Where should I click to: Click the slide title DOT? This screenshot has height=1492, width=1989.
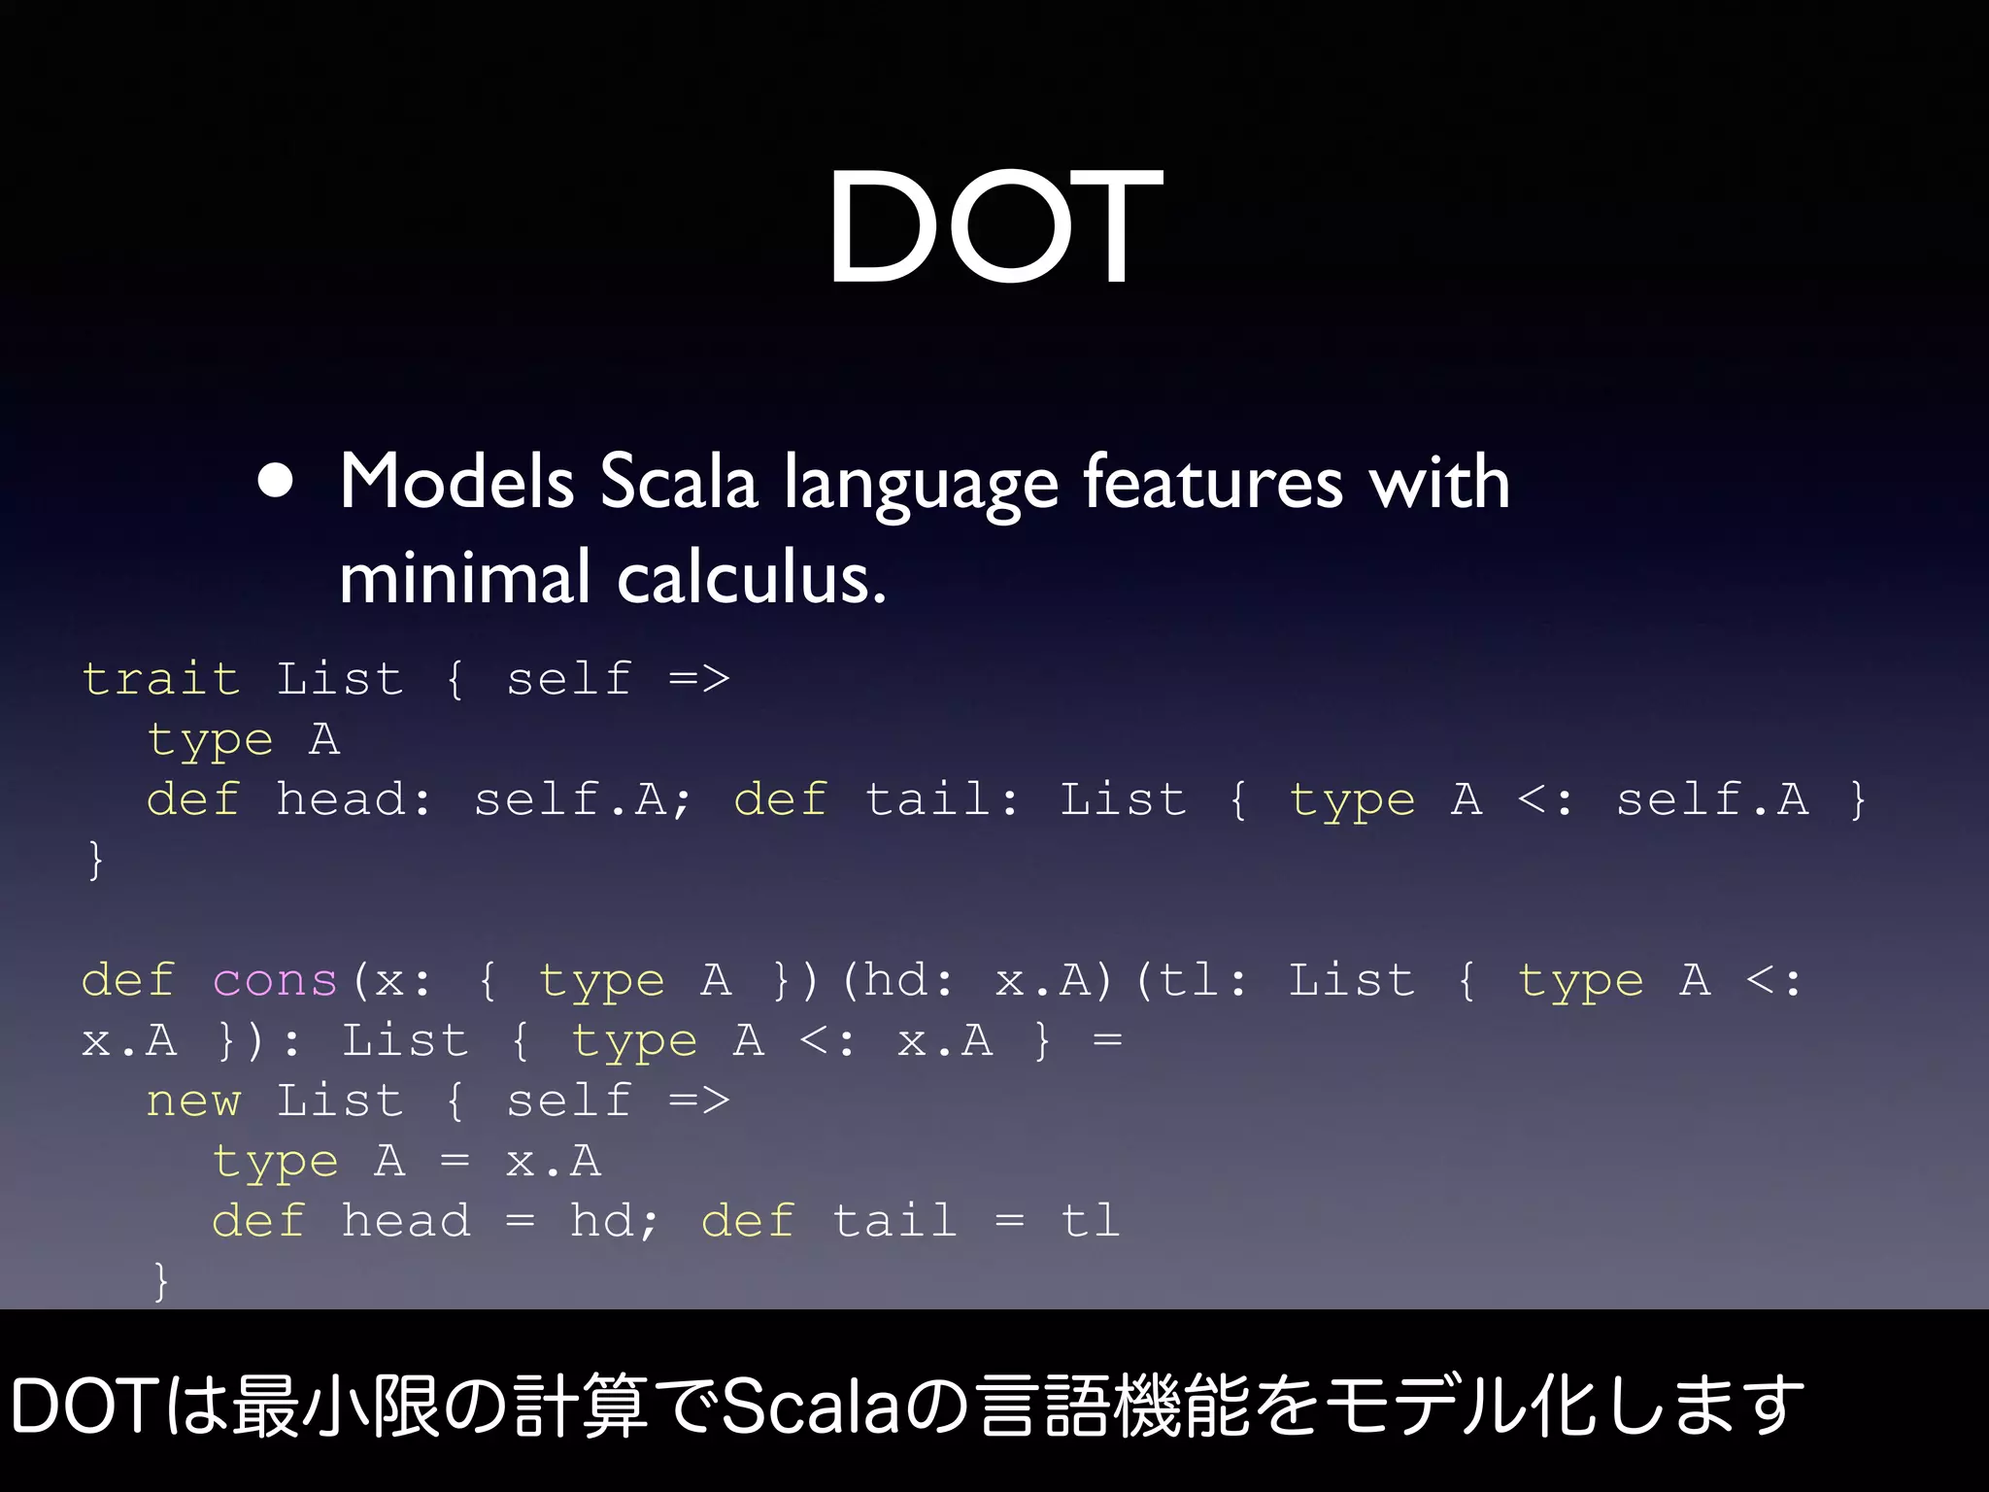(x=994, y=226)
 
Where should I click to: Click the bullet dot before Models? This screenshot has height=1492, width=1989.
(x=277, y=480)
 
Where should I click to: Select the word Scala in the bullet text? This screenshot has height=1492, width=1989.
(x=677, y=482)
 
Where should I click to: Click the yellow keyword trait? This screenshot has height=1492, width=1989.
(x=160, y=678)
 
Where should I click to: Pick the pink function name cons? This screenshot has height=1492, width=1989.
(x=275, y=980)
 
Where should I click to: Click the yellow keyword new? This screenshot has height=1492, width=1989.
(x=193, y=1101)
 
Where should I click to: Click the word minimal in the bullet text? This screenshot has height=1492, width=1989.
(x=464, y=578)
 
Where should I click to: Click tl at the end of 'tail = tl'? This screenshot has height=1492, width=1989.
(x=1090, y=1221)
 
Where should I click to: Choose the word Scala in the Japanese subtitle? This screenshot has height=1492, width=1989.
(x=812, y=1407)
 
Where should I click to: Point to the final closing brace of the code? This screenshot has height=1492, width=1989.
(x=161, y=1280)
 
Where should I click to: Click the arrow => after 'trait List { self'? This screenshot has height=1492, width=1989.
(x=698, y=678)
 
